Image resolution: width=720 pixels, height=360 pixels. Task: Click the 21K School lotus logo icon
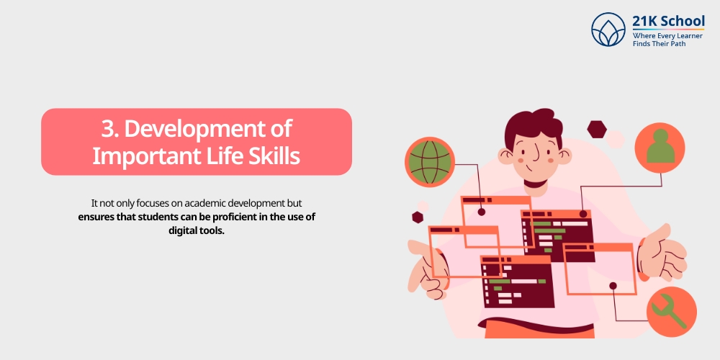[x=609, y=29]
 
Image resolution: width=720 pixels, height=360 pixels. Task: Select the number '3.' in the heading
[x=109, y=129]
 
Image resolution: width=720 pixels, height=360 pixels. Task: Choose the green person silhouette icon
[x=660, y=148]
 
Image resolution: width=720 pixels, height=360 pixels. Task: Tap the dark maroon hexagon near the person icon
[x=597, y=129]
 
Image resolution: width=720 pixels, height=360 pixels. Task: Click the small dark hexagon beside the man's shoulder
[x=417, y=216]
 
